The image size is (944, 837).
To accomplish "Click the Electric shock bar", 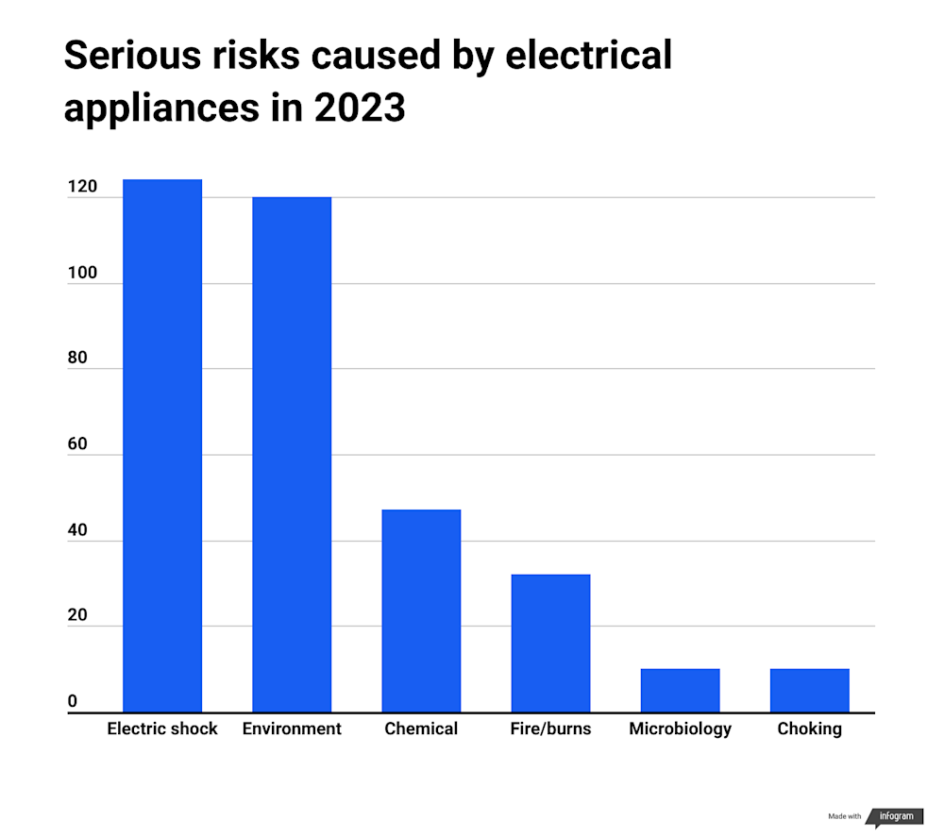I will point(162,445).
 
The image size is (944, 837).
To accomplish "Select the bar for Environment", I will point(292,454).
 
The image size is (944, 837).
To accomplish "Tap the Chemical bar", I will point(421,611).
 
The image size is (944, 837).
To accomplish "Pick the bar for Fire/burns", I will point(550,643).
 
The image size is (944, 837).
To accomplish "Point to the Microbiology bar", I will point(680,691).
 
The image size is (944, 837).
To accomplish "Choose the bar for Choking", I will point(809,691).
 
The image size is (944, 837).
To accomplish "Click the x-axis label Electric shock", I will point(162,728).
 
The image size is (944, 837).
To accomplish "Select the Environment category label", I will point(292,728).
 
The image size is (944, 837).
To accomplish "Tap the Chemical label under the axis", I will point(421,728).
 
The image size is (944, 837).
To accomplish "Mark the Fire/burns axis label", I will point(550,728).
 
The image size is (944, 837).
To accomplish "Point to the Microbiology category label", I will point(680,728).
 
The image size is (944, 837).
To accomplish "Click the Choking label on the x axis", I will point(809,728).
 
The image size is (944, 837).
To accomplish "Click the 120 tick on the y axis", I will point(81,187).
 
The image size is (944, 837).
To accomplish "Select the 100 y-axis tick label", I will point(81,273).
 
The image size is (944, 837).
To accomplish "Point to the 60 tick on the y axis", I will point(77,444).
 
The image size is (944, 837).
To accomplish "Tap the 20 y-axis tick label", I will point(77,615).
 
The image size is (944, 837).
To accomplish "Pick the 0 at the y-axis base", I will point(73,701).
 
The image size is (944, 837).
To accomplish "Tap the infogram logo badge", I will point(895,816).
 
